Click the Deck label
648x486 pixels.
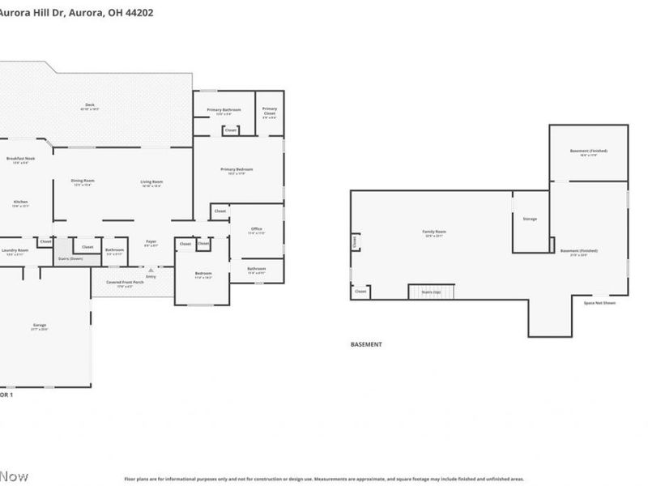(x=90, y=106)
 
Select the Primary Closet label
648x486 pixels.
(x=270, y=110)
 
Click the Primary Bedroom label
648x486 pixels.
(x=237, y=169)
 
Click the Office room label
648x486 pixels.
(x=256, y=229)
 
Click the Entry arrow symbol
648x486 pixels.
(x=151, y=270)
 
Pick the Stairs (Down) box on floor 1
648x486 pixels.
(x=70, y=258)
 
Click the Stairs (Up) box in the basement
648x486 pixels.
(x=432, y=292)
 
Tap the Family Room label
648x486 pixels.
(x=434, y=232)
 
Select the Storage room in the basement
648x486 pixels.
(x=530, y=219)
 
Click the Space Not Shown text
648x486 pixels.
(x=599, y=303)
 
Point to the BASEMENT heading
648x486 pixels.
(x=366, y=344)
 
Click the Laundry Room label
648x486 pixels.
(x=15, y=250)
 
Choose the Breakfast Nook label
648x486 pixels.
(x=19, y=159)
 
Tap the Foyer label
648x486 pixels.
(x=151, y=241)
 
